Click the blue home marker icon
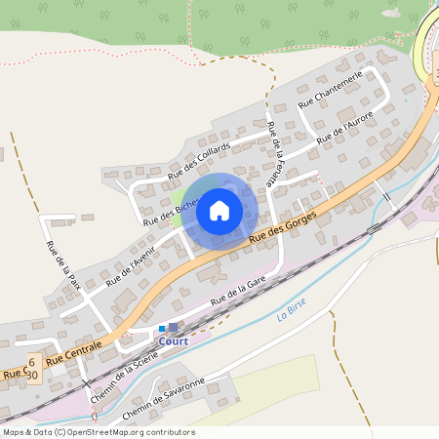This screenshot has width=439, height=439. pos(219,210)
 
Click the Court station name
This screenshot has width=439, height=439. pos(173,341)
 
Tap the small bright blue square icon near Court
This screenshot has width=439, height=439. pos(162,328)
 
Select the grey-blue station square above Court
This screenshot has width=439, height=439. pos(174,328)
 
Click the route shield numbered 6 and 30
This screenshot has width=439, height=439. pos(31,368)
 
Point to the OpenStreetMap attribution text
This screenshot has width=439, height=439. pos(98,432)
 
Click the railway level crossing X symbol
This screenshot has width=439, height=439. pos(86,383)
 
